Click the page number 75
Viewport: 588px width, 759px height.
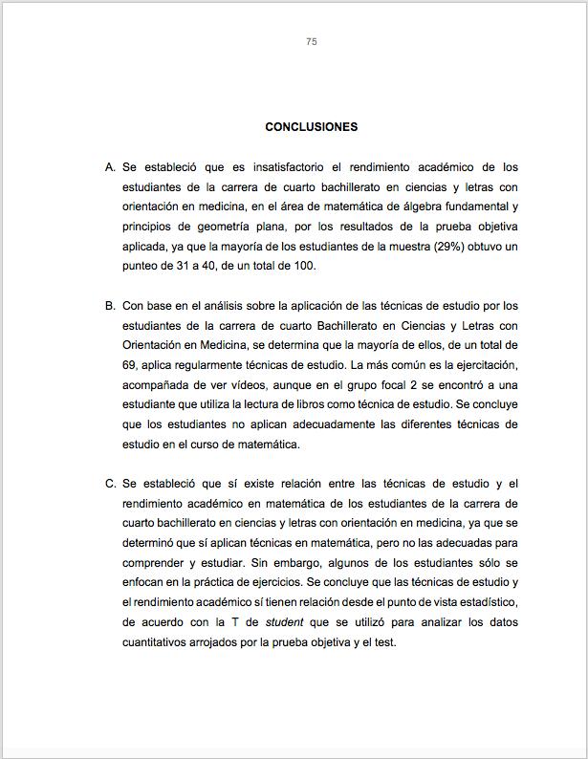click(312, 41)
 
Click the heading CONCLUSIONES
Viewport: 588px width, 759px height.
click(312, 127)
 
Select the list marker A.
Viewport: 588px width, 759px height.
click(110, 167)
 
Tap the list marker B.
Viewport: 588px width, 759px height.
click(110, 306)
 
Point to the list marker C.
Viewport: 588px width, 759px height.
click(110, 483)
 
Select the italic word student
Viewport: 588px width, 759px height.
click(284, 621)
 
